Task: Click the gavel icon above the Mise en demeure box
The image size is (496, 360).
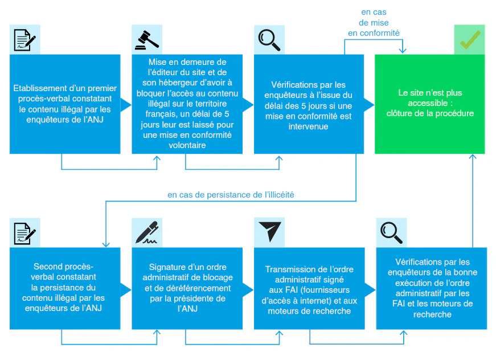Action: click(147, 40)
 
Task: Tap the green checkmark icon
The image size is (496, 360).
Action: click(470, 40)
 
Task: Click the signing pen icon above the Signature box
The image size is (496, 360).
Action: click(147, 232)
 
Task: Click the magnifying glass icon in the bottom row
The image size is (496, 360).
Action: click(391, 233)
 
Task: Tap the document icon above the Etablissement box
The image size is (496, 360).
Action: click(24, 40)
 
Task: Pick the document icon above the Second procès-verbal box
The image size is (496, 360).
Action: click(24, 234)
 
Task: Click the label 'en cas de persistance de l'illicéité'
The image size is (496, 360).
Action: click(231, 195)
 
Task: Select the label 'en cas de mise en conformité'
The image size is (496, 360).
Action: click(374, 23)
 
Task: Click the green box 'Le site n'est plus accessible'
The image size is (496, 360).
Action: click(429, 104)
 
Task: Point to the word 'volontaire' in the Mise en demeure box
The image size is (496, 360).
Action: click(187, 145)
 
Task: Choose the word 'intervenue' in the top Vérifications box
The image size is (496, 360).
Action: click(309, 126)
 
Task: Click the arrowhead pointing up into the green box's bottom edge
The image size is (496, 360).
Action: click(473, 157)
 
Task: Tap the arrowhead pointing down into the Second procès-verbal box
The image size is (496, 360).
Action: click(106, 244)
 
